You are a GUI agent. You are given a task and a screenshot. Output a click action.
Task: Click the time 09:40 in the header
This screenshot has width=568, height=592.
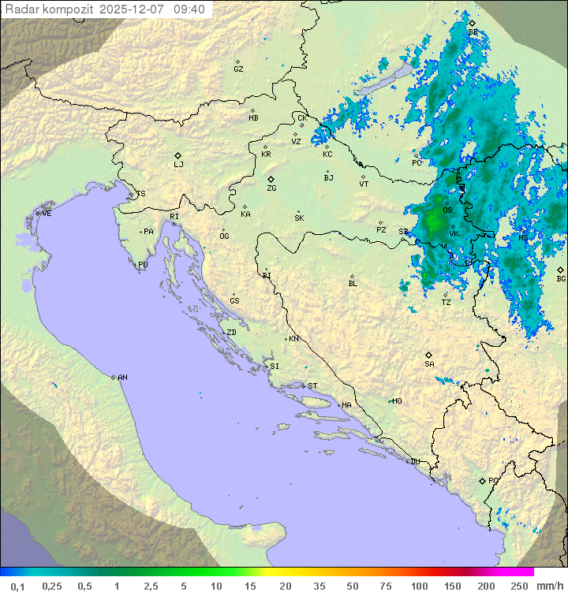click(190, 9)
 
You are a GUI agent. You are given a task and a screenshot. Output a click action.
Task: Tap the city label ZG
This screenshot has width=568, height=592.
click(271, 188)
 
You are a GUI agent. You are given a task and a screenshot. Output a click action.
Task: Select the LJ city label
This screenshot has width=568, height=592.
click(178, 165)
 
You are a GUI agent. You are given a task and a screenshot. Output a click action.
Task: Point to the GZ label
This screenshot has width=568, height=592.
click(238, 69)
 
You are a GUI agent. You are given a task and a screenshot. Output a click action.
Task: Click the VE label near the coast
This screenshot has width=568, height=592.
click(47, 214)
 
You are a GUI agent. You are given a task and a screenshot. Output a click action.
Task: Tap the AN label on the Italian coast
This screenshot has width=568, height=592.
click(122, 378)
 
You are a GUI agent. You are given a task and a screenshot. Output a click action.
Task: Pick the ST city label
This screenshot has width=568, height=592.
click(312, 386)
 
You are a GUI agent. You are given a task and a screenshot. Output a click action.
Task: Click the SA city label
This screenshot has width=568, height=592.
click(429, 364)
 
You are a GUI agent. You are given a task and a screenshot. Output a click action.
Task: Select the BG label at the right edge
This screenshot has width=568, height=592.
click(561, 278)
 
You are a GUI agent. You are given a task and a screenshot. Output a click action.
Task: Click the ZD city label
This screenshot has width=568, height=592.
click(231, 333)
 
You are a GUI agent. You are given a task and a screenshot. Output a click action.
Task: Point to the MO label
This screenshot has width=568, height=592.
click(397, 401)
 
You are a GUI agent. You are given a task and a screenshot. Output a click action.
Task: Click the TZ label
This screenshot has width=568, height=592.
click(447, 303)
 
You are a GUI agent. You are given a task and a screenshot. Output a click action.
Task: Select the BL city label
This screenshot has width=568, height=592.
click(353, 284)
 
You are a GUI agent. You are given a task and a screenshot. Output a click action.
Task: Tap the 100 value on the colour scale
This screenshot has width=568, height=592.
click(419, 586)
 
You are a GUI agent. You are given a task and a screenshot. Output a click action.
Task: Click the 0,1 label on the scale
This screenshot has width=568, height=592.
click(17, 586)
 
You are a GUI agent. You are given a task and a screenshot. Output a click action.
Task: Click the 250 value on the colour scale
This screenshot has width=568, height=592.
click(519, 586)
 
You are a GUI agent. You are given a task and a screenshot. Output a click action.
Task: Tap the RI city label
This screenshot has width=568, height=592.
click(174, 217)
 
